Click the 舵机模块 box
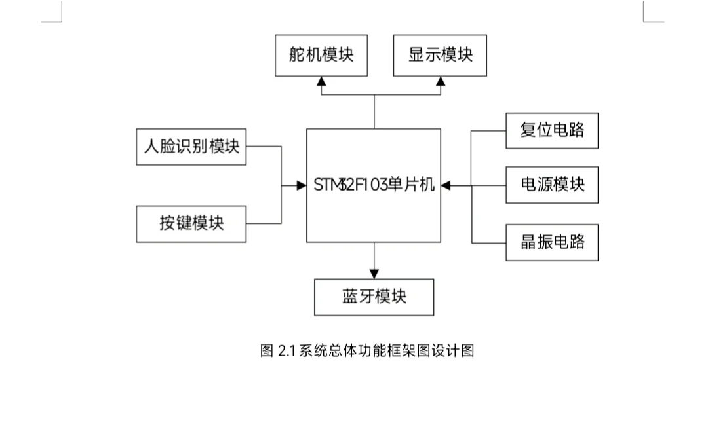321,55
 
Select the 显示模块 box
440,55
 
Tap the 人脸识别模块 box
191,146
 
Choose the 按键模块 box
191,223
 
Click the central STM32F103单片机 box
374,185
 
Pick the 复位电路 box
552,130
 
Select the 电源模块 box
552,185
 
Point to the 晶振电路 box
552,242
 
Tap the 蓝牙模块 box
374,297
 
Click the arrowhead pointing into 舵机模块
321,81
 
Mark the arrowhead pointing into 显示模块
441,81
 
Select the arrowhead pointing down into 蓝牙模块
374,273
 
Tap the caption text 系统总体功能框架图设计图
386,351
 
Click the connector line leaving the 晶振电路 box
489,243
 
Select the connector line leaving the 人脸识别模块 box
264,147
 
